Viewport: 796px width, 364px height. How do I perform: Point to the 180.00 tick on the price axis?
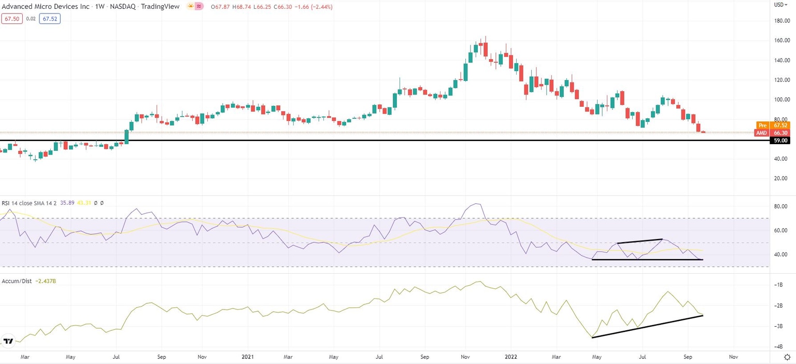pos(781,21)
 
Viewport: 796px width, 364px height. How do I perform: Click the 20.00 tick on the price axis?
pos(781,178)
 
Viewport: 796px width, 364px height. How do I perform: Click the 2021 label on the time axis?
pos(247,357)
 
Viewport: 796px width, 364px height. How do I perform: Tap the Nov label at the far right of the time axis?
pos(733,357)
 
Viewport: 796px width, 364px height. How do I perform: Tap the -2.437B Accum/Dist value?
pos(47,281)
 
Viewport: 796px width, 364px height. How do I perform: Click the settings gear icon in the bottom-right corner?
pos(787,357)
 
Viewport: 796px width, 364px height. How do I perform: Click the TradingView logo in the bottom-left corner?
pos(8,341)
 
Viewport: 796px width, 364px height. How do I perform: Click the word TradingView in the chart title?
pos(162,7)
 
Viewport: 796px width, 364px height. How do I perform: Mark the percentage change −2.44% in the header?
pos(320,7)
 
